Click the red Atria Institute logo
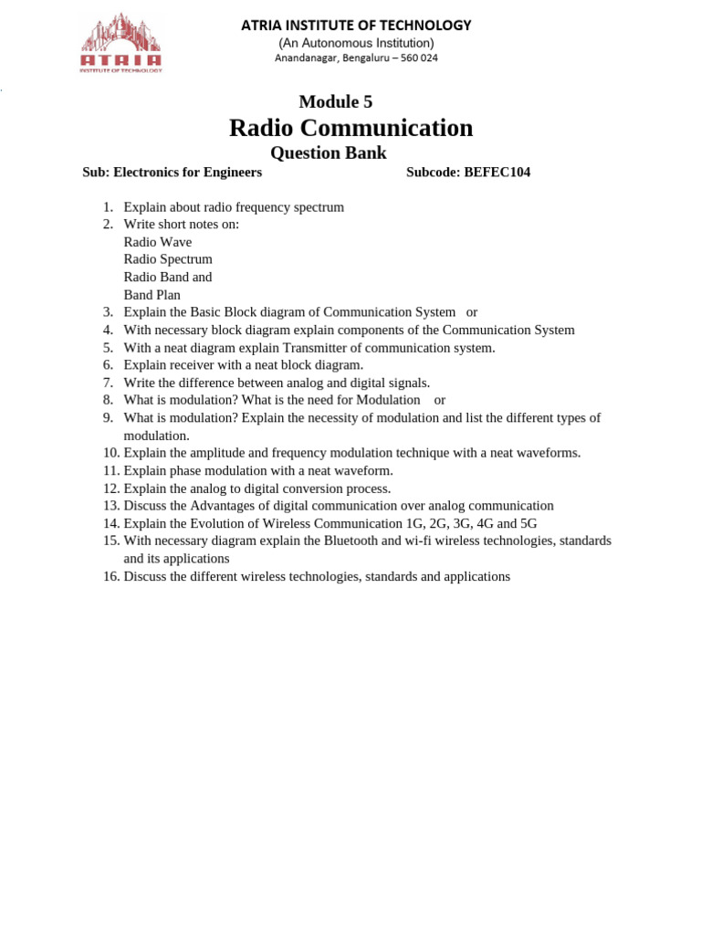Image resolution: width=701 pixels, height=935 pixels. [x=121, y=43]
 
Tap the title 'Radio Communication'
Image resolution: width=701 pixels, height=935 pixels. [x=350, y=128]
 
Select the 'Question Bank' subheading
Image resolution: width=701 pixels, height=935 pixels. [x=330, y=152]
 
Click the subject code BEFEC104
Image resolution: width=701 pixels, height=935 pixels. [x=497, y=172]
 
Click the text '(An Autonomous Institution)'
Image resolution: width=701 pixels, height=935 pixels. [x=356, y=43]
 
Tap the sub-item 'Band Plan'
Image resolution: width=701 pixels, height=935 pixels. [x=152, y=295]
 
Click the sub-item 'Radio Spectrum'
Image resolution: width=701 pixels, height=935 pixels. [x=168, y=259]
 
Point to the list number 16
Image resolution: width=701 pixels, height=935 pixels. [x=110, y=576]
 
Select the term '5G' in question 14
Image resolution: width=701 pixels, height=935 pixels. [x=528, y=523]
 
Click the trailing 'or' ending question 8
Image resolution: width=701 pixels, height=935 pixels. [x=440, y=400]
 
